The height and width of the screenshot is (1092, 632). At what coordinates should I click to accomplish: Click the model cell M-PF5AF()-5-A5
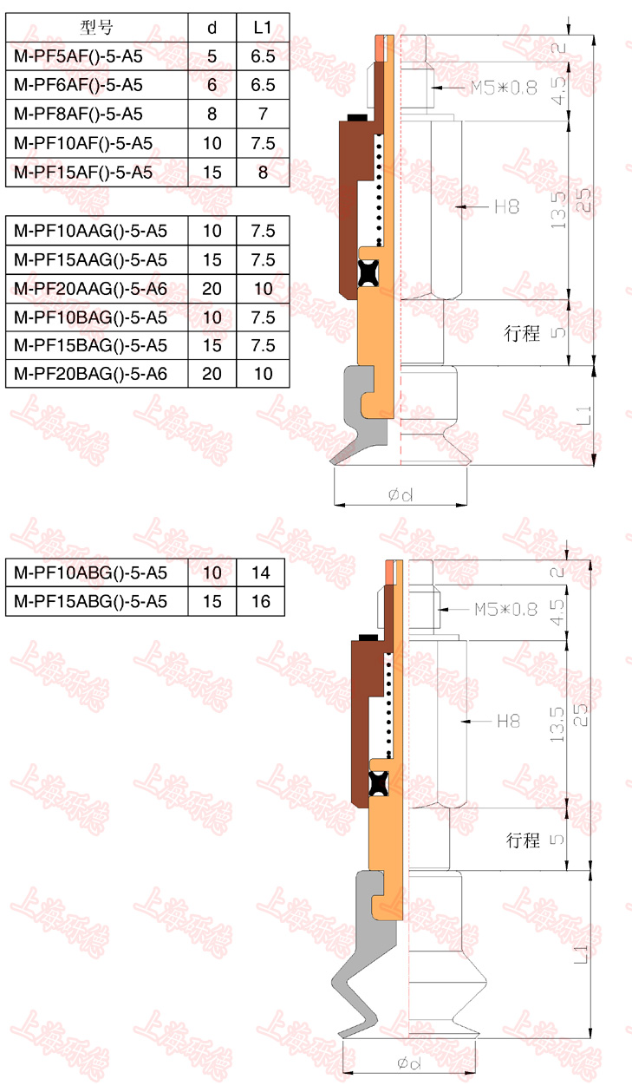point(78,56)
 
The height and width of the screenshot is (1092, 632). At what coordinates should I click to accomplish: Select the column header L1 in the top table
point(263,28)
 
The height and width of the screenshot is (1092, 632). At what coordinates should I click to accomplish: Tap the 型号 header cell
point(96,27)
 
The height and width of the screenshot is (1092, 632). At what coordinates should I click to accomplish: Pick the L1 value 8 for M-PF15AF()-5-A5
point(264,172)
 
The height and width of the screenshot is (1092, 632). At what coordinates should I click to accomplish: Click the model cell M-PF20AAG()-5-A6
point(91,289)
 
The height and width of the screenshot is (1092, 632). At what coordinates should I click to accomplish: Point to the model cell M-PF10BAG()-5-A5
point(91,317)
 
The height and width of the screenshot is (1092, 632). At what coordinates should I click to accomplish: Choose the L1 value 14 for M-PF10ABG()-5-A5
point(261,572)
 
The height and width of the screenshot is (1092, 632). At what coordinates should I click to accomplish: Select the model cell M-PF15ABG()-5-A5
point(91,601)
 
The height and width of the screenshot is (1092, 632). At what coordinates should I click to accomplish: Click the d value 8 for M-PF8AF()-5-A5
point(212,114)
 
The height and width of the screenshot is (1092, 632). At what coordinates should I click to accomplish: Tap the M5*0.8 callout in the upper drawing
point(504,88)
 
